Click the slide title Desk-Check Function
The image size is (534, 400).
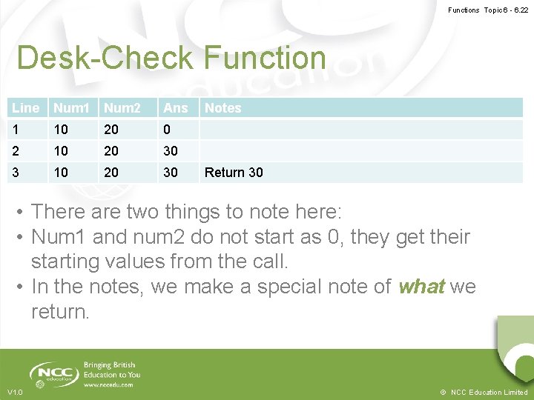(171, 58)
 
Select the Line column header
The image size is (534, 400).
(26, 108)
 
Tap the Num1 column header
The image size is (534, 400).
(71, 108)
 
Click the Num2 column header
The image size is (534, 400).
(122, 108)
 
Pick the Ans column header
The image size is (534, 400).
(176, 108)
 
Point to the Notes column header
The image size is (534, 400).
(223, 108)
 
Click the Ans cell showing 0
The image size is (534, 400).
(168, 130)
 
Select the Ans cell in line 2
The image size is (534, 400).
(171, 151)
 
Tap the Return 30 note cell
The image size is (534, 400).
(234, 173)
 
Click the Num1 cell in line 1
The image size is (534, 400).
(61, 130)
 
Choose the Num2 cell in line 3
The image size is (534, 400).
(111, 173)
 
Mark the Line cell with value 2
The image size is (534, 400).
(16, 151)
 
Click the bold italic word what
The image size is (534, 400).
(421, 287)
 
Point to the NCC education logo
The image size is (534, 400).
(54, 373)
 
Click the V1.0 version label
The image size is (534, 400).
(15, 392)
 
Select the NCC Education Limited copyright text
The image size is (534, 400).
(484, 392)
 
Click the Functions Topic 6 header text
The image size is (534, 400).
(487, 10)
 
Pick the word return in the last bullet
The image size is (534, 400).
(59, 312)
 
